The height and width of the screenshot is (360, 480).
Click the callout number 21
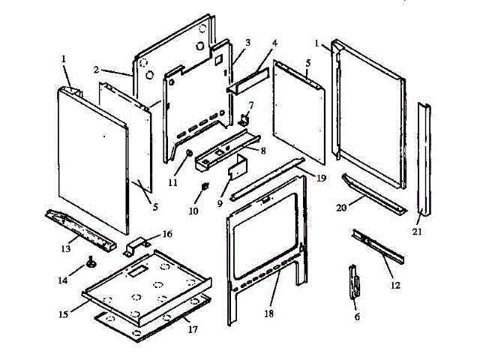point(418,232)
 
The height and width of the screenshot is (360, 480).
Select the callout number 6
point(357,317)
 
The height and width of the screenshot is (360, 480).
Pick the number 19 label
point(321,178)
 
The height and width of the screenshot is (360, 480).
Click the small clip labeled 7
point(244,118)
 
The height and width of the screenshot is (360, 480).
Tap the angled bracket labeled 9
point(235,168)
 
